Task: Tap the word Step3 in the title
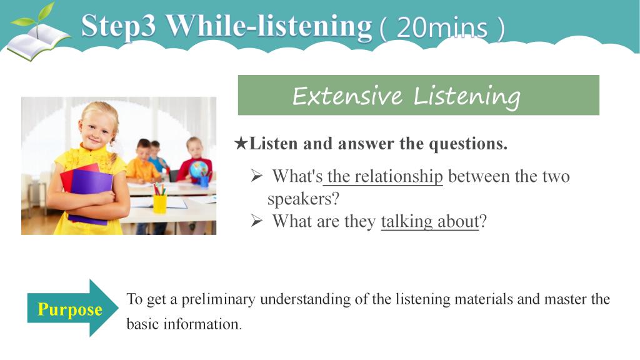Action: pyautogui.click(x=118, y=26)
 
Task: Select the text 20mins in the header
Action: pyautogui.click(x=442, y=27)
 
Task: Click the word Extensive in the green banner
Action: pyautogui.click(x=347, y=96)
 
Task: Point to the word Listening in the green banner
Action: pyautogui.click(x=467, y=97)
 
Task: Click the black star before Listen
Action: pyautogui.click(x=241, y=143)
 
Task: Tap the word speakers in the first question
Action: pyautogui.click(x=299, y=199)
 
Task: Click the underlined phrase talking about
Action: pyautogui.click(x=430, y=222)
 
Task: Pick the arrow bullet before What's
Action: pyautogui.click(x=256, y=176)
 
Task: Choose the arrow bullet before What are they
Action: pyautogui.click(x=256, y=221)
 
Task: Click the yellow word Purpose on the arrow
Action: pyautogui.click(x=70, y=309)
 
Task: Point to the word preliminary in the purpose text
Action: pyautogui.click(x=218, y=299)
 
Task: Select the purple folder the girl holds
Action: pyautogui.click(x=91, y=196)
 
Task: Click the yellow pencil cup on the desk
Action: pyautogui.click(x=159, y=203)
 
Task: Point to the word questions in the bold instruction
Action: pyautogui.click(x=467, y=144)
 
